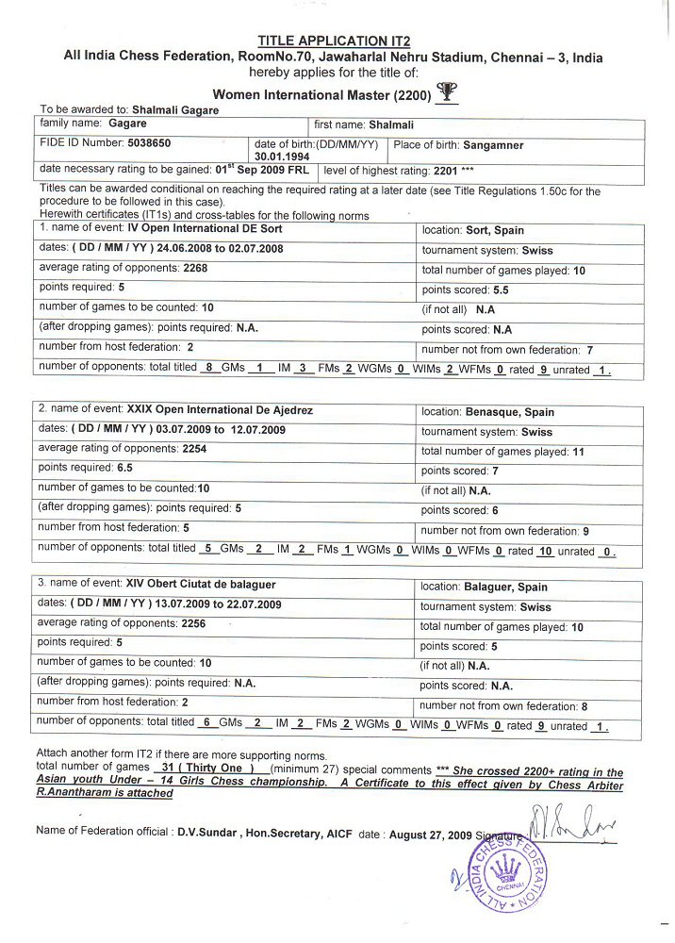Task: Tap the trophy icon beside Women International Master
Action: [x=448, y=92]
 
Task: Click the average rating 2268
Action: [x=195, y=268]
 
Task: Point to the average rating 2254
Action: [x=194, y=449]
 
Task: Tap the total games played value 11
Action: [x=579, y=452]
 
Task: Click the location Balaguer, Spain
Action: [x=509, y=587]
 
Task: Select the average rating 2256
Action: [x=194, y=623]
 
